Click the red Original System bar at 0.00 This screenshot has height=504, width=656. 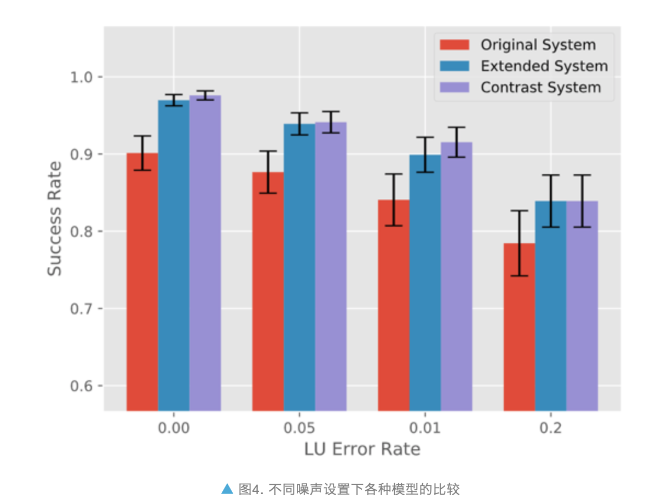pyautogui.click(x=142, y=282)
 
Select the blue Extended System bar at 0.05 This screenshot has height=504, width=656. pyautogui.click(x=299, y=268)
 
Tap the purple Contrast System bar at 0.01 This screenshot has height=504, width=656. pyautogui.click(x=456, y=277)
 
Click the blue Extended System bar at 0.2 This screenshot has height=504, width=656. pyautogui.click(x=550, y=307)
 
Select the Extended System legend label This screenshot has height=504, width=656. pyautogui.click(x=544, y=66)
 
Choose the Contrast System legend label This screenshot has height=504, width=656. pyautogui.click(x=540, y=88)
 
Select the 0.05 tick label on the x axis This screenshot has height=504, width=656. pyautogui.click(x=299, y=427)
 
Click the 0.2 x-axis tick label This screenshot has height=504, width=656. pyautogui.click(x=550, y=427)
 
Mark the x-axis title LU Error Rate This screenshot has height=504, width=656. pyautogui.click(x=362, y=449)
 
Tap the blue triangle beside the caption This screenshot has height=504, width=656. pyautogui.click(x=227, y=488)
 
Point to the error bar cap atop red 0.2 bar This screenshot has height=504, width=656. pyautogui.click(x=519, y=210)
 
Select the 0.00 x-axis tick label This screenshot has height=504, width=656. pyautogui.click(x=174, y=427)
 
